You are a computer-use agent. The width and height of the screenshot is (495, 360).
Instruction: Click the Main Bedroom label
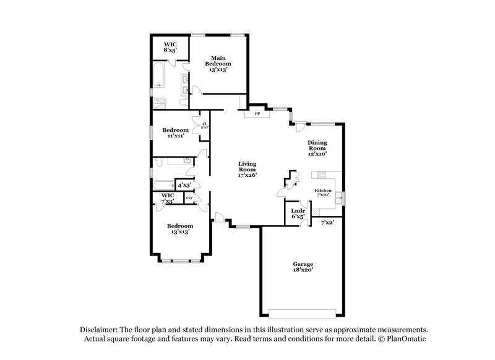click(x=218, y=62)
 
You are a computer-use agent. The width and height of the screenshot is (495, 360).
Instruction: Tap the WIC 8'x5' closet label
click(x=170, y=47)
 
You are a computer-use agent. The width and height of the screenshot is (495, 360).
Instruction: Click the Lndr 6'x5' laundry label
click(x=298, y=213)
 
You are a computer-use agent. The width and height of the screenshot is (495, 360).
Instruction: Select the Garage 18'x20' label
click(x=303, y=267)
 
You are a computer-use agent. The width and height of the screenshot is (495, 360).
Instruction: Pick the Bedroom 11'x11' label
click(x=176, y=132)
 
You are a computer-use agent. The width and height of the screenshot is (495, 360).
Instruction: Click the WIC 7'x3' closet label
click(x=168, y=199)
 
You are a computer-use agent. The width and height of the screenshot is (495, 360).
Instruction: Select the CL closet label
click(x=205, y=125)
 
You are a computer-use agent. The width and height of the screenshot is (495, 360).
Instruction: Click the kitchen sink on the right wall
click(x=338, y=199)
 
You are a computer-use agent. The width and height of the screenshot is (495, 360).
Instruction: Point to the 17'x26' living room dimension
click(x=247, y=174)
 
